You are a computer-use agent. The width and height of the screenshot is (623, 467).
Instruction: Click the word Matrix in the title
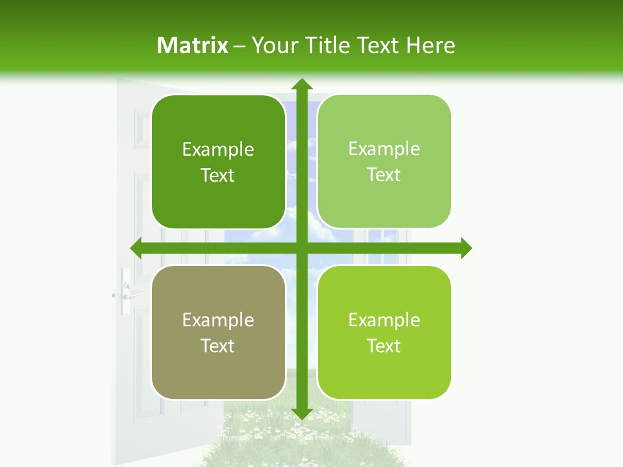point(193,45)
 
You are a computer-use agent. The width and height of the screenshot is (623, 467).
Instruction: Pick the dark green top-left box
point(218,162)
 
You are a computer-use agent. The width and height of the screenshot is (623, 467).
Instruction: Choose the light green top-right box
point(384,162)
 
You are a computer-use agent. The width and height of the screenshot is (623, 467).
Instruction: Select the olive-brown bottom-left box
point(218,332)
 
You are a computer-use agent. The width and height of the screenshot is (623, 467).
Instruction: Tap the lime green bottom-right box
point(384,332)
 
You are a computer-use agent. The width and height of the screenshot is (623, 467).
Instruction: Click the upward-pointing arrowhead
point(301,84)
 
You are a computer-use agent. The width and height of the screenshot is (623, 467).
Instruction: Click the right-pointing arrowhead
point(465,248)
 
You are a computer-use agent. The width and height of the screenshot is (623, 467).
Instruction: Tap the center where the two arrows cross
point(301,248)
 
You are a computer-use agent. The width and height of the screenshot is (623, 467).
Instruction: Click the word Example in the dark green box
point(218,150)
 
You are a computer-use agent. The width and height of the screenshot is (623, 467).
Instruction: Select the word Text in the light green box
point(384,175)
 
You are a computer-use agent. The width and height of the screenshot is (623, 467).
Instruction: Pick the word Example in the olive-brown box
point(218,320)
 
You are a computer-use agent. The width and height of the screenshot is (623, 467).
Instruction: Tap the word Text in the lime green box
point(384,346)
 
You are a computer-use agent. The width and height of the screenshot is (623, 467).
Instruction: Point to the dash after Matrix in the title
point(240,46)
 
